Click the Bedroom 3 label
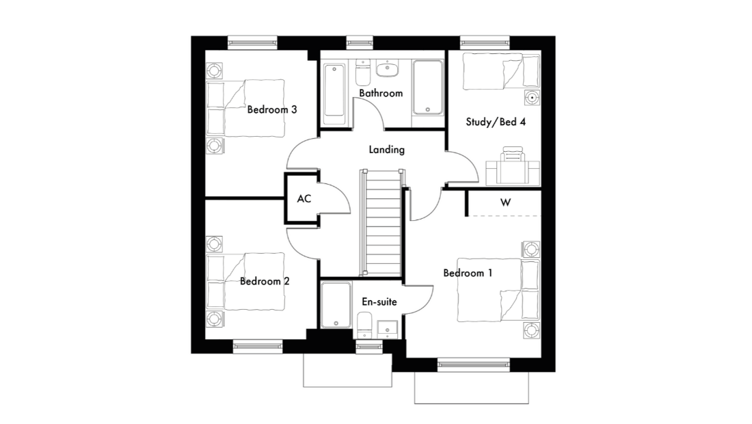coord(272,109)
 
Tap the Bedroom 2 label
coord(265,281)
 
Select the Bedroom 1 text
coord(468,273)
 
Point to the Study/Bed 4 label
coord(496,122)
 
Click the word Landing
coord(386,150)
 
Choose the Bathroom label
coord(381,93)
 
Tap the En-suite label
coord(379,302)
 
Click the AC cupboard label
coord(304,198)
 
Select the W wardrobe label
coord(505,202)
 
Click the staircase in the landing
coord(382,222)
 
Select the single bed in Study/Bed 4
coord(501,71)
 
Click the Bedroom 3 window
coord(252,42)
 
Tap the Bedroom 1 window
coord(473,365)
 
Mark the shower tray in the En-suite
coord(336,305)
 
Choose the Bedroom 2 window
coord(258,346)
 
